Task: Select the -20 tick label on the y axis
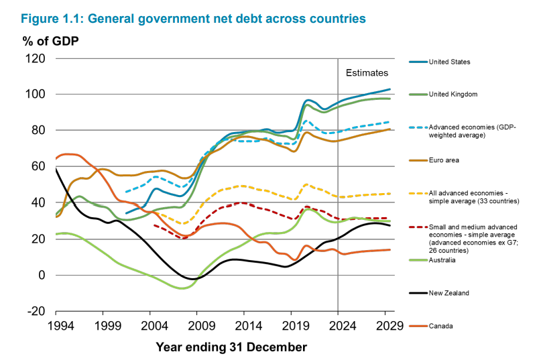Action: point(36,312)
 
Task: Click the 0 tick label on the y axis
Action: point(42,276)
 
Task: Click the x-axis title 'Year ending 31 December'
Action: point(231,347)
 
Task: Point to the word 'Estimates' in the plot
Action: point(367,72)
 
